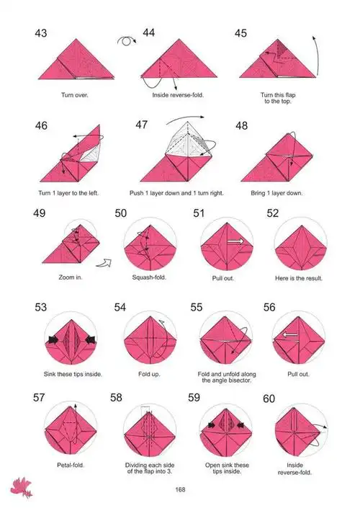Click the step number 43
(41, 33)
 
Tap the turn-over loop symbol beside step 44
(126, 41)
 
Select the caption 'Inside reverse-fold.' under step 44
(178, 95)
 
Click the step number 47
(141, 125)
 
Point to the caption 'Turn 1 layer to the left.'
(68, 193)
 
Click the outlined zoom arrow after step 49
(104, 263)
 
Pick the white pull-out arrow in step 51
(235, 241)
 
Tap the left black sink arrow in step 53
(53, 339)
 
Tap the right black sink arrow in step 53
(90, 339)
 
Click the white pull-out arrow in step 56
(290, 334)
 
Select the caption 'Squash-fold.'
(149, 277)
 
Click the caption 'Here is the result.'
(299, 278)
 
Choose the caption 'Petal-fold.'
(71, 465)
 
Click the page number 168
(180, 489)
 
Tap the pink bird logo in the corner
(22, 487)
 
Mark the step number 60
(269, 398)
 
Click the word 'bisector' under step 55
(240, 380)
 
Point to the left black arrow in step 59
(212, 425)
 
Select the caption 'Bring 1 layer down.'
(276, 193)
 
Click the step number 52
(273, 213)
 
